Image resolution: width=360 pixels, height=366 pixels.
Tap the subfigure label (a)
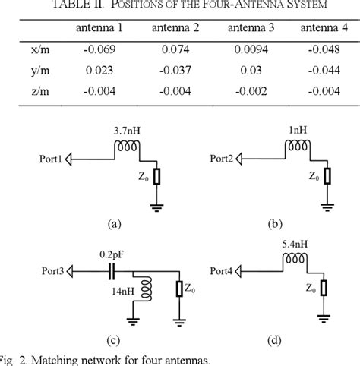(115, 224)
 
